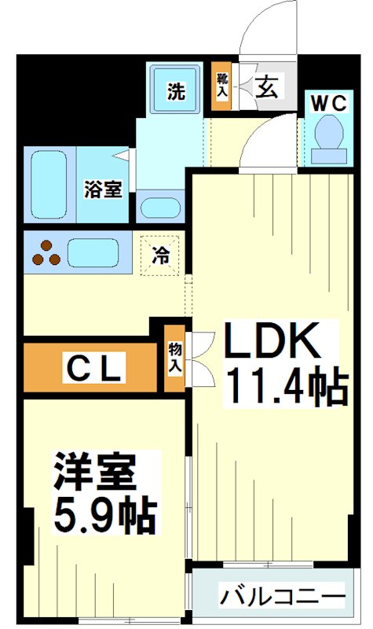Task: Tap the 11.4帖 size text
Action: [x=286, y=386]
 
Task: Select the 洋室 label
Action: [x=94, y=473]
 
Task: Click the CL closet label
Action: [x=93, y=367]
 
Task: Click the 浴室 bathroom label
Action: [x=103, y=189]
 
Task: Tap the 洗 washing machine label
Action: [x=176, y=91]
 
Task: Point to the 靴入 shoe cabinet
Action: [x=222, y=85]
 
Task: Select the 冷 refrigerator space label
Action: [x=160, y=255]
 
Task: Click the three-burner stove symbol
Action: [x=46, y=252]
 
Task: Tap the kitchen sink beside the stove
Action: [x=93, y=252]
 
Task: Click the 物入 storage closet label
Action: [x=175, y=358]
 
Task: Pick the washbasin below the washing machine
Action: [x=161, y=208]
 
